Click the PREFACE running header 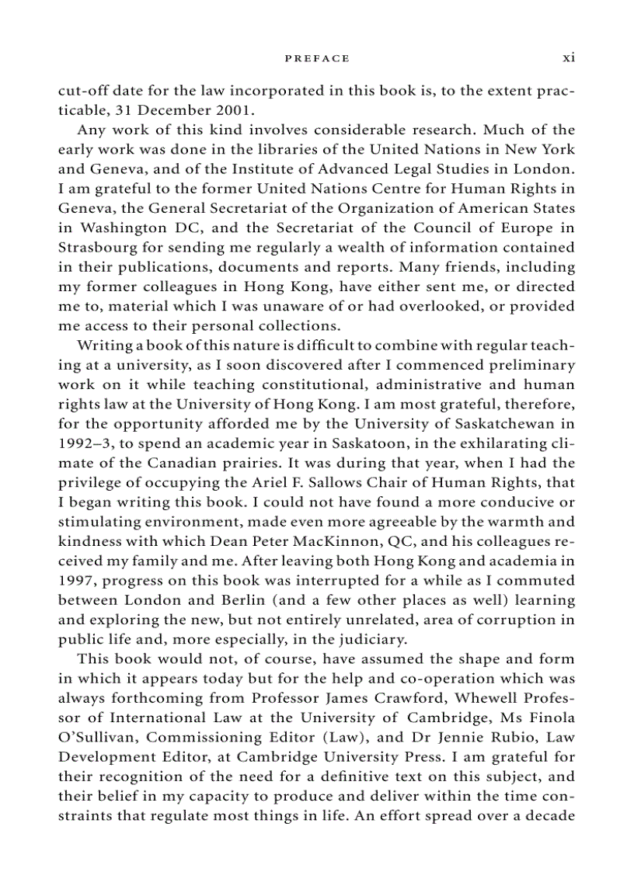317,58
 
